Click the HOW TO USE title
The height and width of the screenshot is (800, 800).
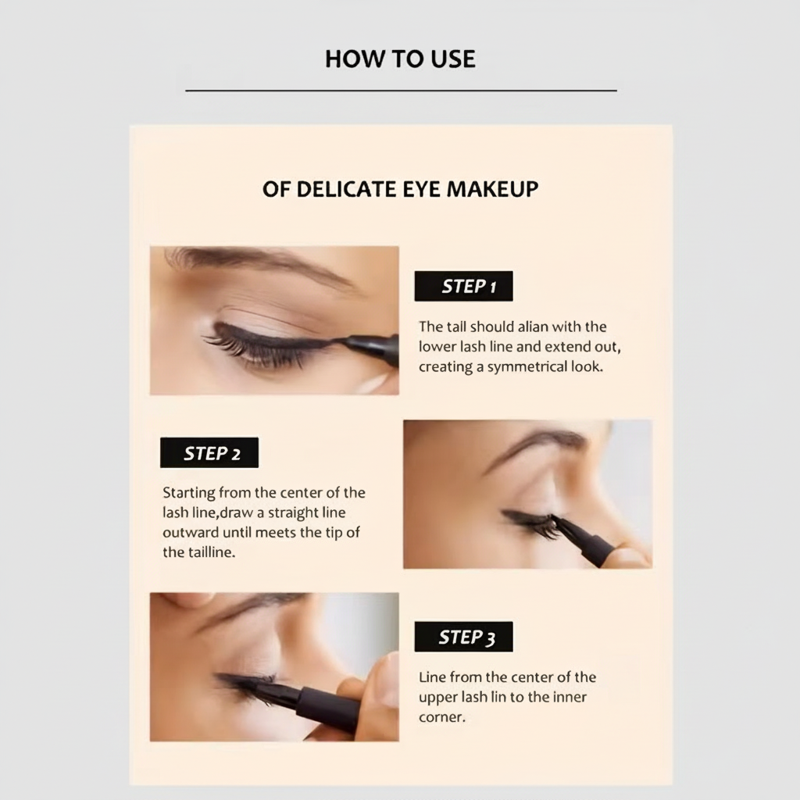[x=400, y=59]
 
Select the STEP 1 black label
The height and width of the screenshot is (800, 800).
[x=463, y=287]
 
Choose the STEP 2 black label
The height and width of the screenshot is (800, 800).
[x=209, y=453]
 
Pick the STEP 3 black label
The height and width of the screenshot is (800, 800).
[x=463, y=637]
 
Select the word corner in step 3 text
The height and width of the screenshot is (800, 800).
[x=441, y=717]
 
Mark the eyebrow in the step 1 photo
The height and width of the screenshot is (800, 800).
[x=258, y=262]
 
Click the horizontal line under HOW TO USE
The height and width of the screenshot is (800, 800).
[x=401, y=91]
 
